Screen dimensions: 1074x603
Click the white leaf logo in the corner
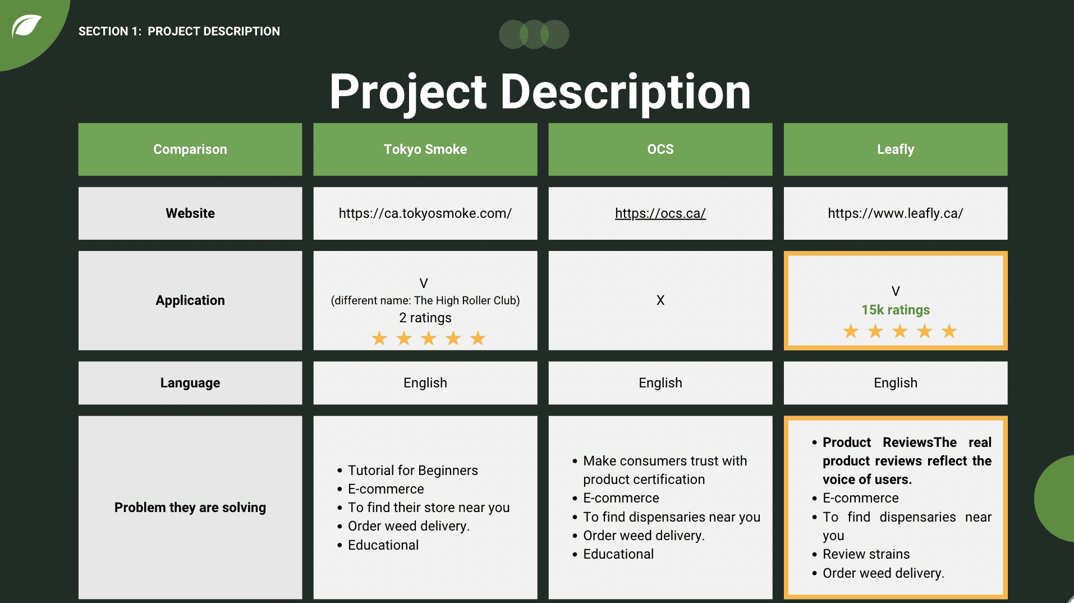coord(26,26)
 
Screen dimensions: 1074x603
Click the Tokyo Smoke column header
coord(425,149)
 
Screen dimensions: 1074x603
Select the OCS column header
coord(660,149)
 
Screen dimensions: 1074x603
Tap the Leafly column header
coord(895,149)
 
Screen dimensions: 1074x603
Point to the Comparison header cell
coord(190,149)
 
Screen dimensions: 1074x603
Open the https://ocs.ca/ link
coord(660,213)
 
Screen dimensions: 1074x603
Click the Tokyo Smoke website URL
coord(425,213)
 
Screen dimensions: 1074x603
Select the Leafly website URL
coord(895,213)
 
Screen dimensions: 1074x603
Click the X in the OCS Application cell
coord(660,300)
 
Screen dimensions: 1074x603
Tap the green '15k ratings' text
coord(896,310)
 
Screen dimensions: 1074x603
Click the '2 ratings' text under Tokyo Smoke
coord(425,318)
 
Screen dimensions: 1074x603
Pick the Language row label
coord(190,383)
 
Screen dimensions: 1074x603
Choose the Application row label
coord(190,300)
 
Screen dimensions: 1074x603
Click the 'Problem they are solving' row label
coord(190,508)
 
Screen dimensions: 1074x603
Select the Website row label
coord(190,213)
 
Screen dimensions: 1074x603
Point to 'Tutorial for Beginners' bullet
coord(412,470)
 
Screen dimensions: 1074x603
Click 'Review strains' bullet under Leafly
coord(866,554)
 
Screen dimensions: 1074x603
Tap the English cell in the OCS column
coord(660,383)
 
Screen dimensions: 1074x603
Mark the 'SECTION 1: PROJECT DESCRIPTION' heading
coord(179,31)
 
